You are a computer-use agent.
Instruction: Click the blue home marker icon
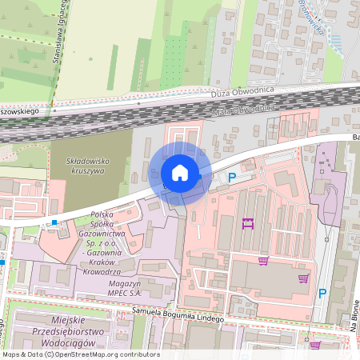click(180, 173)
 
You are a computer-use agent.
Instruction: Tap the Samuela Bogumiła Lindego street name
click(185, 312)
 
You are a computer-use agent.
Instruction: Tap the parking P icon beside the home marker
click(232, 178)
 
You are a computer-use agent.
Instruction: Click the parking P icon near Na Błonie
click(322, 294)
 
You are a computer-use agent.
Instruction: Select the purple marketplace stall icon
click(248, 225)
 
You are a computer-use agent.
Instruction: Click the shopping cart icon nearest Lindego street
click(315, 346)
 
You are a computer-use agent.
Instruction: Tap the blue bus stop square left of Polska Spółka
click(54, 222)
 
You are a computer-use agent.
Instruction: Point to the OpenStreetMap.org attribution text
click(112, 354)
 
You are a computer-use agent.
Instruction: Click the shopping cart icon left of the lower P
click(303, 278)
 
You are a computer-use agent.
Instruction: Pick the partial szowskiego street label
click(22, 114)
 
